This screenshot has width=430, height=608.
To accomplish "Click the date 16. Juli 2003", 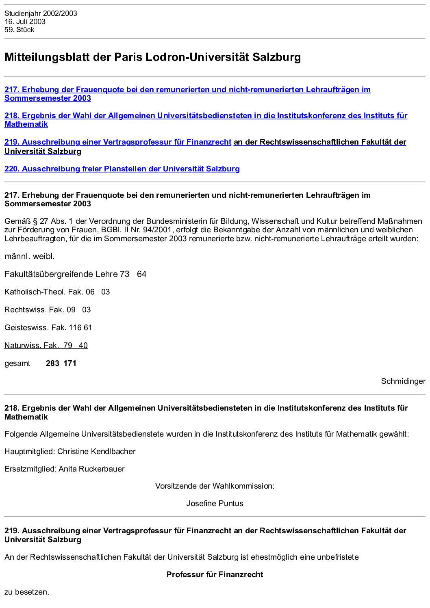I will pos(25,22).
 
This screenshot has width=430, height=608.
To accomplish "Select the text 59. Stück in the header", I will pos(20,30).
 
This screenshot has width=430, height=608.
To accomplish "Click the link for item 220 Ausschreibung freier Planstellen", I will pos(122,169).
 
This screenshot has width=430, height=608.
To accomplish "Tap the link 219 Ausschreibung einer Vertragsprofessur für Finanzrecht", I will pos(118,142).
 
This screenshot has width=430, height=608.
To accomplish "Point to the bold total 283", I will pos(52,364).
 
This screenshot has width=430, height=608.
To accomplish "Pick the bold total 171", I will pos(70,364).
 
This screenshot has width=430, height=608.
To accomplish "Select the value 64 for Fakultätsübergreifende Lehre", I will pos(141,274).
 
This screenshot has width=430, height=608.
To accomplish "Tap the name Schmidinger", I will pos(403,381).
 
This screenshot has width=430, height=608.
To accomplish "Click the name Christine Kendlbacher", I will pos(96,451).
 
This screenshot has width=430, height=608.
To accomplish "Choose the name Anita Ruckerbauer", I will pos(91,469).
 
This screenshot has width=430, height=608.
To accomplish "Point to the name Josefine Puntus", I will pos(215,503).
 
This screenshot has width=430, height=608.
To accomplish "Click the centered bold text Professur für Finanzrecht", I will pos(215,574).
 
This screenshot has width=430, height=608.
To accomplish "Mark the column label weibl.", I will pos(44,256).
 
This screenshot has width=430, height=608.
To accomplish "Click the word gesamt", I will pos(17,364).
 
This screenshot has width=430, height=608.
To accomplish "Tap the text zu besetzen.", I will pos(27,592).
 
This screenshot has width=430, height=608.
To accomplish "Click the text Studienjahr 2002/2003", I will pos(41,13).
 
